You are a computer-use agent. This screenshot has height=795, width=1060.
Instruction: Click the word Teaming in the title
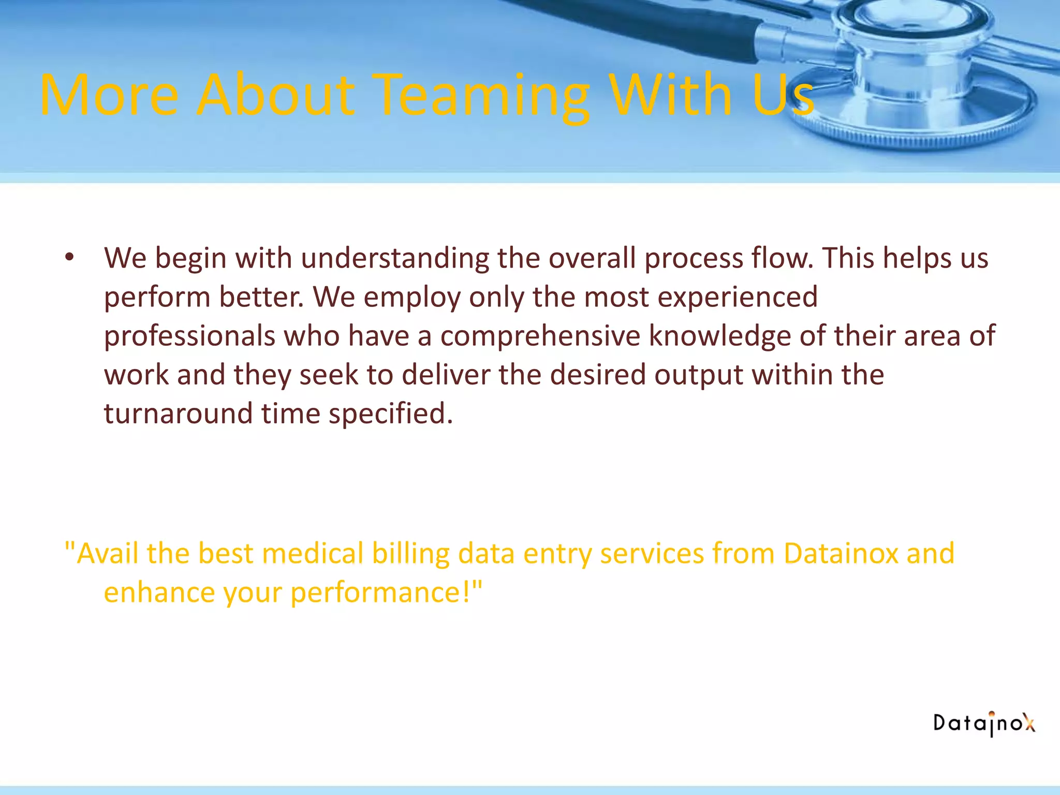click(x=481, y=96)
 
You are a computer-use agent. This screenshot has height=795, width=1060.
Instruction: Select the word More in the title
click(x=109, y=96)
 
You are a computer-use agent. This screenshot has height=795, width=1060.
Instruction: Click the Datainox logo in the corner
click(x=984, y=723)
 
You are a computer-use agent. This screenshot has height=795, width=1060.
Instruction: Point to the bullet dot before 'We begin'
click(x=70, y=257)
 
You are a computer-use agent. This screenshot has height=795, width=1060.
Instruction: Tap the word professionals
click(x=189, y=336)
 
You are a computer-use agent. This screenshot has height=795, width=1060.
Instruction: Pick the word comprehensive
click(x=540, y=336)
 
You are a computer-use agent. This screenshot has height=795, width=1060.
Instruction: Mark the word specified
click(x=391, y=414)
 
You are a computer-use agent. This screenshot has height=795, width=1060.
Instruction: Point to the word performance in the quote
click(x=386, y=593)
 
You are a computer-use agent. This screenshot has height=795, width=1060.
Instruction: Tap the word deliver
click(x=446, y=375)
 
